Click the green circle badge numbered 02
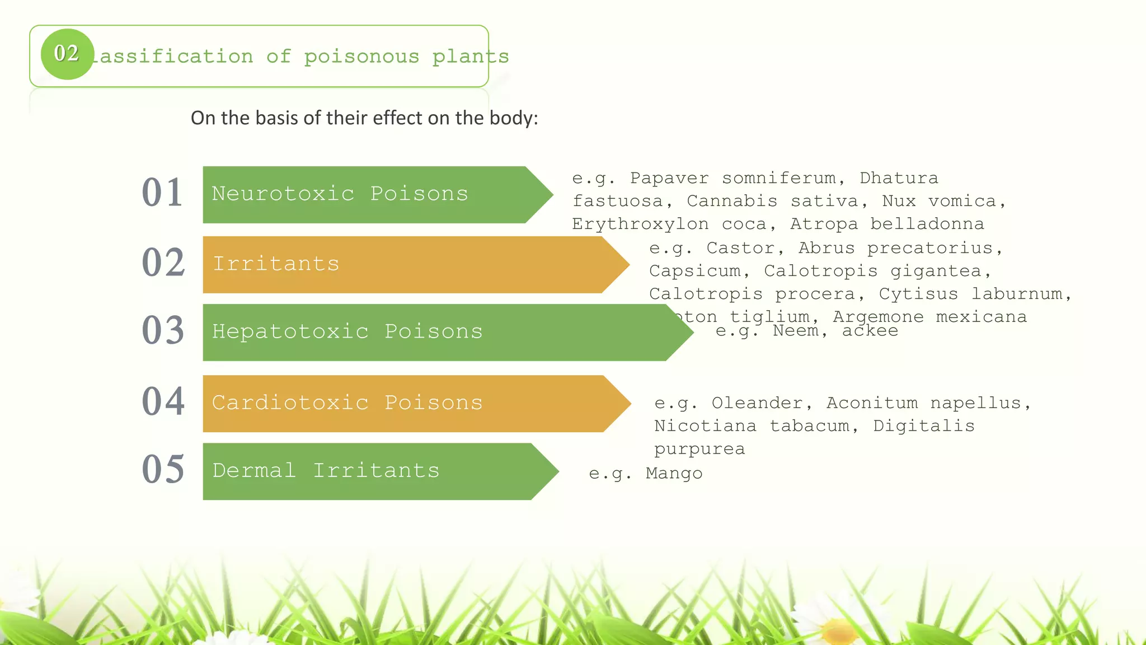tap(67, 54)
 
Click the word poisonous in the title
tap(361, 57)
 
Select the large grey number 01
tap(162, 193)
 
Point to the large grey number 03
tap(163, 330)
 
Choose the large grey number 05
tap(163, 469)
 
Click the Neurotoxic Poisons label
tap(340, 194)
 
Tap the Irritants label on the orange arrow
tap(276, 264)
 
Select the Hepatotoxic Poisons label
tap(347, 331)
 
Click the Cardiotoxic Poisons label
tap(347, 403)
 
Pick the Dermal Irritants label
tap(326, 470)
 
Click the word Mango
tap(674, 474)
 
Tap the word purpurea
tap(699, 450)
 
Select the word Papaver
tap(669, 178)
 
